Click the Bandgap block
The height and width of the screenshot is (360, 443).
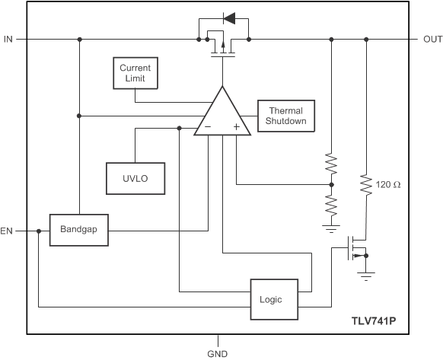coord(79,229)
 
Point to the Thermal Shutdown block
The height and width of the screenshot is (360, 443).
coord(285,116)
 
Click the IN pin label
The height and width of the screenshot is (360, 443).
coord(8,39)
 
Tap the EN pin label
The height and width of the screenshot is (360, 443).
coord(8,229)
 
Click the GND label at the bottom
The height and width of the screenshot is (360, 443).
coord(218,353)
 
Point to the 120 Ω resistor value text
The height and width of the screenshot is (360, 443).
coord(390,184)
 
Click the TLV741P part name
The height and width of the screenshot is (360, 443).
coord(374,322)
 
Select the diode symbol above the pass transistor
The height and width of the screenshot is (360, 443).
coord(227,15)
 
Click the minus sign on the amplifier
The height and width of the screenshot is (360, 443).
coord(208,127)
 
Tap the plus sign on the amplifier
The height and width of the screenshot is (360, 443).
coord(236,127)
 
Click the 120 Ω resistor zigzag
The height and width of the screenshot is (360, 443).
coord(367,185)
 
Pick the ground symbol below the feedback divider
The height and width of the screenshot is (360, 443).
coord(331,227)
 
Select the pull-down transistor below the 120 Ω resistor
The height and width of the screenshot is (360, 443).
coord(355,249)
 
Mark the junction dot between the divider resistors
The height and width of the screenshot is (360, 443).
coord(331,183)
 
